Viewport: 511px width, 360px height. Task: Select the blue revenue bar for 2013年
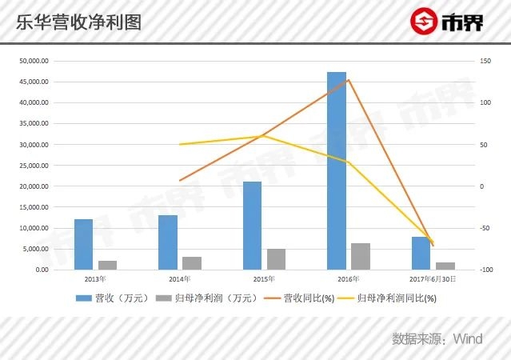[83, 244]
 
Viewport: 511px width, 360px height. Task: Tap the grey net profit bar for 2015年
[276, 259]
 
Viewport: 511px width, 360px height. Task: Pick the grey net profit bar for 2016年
[361, 256]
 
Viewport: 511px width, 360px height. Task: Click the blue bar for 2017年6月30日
[421, 253]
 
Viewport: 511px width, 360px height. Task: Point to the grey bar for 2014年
[192, 263]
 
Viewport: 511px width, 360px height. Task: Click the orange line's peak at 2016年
[349, 79]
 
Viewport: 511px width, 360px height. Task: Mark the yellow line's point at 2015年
[264, 136]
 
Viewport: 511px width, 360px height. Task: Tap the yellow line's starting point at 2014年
[180, 145]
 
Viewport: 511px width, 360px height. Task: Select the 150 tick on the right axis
[485, 62]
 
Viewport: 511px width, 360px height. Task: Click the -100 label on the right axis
[485, 270]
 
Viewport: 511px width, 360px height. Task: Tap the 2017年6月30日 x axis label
[433, 279]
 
